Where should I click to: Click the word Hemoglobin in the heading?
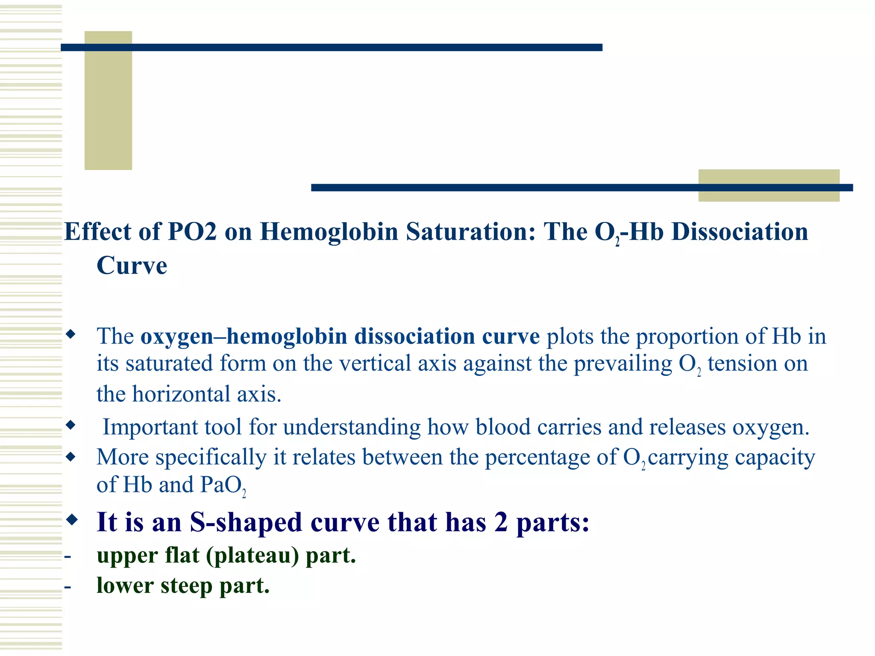[x=329, y=232]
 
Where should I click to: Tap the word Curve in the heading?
[x=132, y=266]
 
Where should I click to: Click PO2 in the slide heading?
[x=192, y=232]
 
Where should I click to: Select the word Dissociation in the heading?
[x=740, y=232]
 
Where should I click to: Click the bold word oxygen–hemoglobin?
[x=244, y=336]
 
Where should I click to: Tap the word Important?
[x=172, y=427]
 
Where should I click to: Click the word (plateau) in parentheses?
[x=252, y=555]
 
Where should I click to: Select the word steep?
[x=186, y=586]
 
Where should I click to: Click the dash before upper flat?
[x=68, y=556]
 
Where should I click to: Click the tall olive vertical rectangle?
[x=108, y=100]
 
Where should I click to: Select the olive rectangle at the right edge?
[x=768, y=185]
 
